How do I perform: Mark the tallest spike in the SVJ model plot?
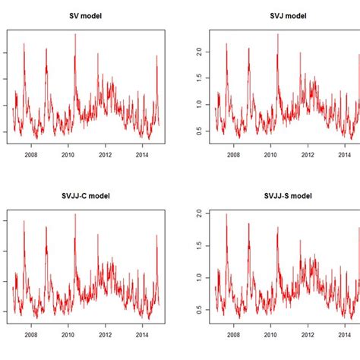click(x=277, y=35)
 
